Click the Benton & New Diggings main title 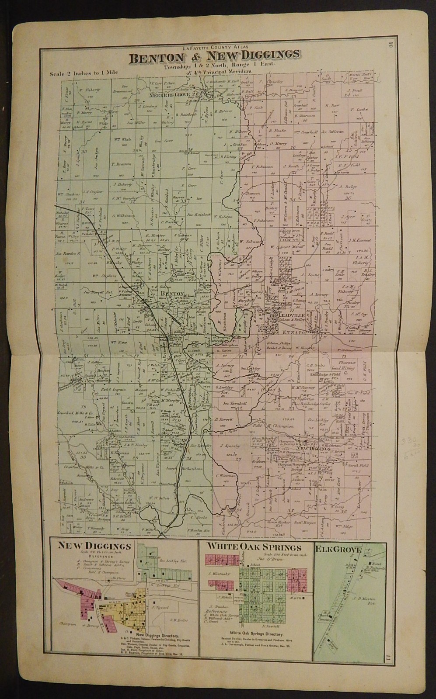[214, 55]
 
